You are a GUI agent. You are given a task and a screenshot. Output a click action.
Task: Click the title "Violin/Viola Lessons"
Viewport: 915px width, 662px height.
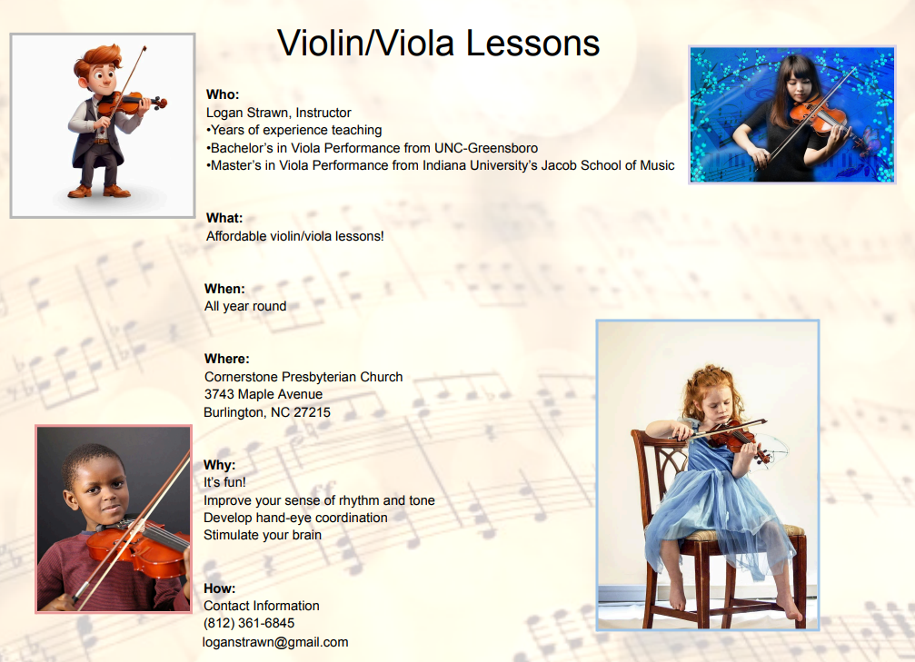(x=438, y=44)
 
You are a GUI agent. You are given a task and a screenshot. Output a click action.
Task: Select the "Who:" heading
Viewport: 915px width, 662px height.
(x=223, y=94)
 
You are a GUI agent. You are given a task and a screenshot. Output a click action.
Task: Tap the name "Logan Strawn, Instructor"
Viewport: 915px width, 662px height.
(x=278, y=113)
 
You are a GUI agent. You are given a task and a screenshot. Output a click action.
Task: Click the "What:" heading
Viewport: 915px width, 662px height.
(x=224, y=218)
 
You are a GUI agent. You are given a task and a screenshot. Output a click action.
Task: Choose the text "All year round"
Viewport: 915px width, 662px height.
(x=245, y=306)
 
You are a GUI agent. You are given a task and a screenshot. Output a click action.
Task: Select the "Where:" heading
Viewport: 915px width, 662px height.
(x=226, y=359)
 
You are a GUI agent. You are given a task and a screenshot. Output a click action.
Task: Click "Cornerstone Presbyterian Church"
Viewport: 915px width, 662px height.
(x=303, y=377)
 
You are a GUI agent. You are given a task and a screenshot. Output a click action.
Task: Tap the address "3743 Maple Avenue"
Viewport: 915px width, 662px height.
(x=264, y=394)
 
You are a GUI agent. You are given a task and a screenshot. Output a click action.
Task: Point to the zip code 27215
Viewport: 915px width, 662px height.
(x=312, y=412)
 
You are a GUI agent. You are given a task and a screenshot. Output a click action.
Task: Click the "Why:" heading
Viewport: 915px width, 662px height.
(x=219, y=465)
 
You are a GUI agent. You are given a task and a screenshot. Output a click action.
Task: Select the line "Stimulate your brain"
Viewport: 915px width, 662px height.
(x=263, y=535)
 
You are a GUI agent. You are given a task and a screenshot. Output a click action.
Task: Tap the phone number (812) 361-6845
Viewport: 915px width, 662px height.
(x=249, y=623)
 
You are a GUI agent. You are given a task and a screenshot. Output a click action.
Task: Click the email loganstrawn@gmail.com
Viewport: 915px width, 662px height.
(x=275, y=642)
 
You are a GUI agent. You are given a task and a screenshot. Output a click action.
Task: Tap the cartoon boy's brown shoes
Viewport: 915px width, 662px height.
(x=99, y=191)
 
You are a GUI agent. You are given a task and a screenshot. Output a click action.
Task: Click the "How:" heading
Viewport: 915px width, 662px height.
(x=219, y=588)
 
